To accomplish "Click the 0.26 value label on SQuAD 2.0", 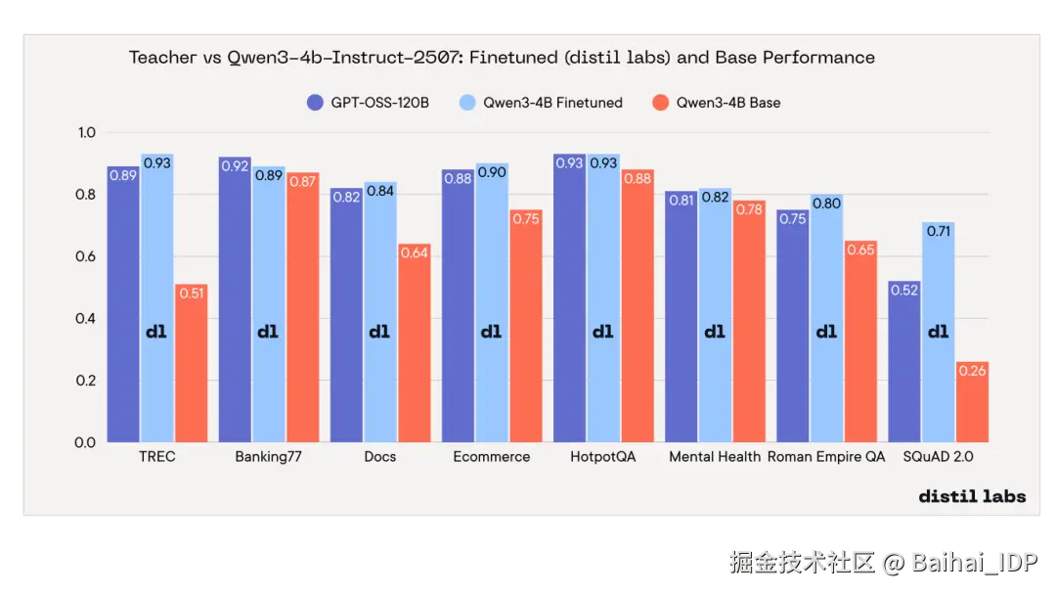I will (973, 371).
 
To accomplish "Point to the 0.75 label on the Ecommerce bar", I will (525, 218).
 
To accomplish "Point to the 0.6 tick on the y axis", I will (86, 256).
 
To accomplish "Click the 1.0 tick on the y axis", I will (86, 133).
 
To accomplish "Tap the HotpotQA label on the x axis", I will (603, 457).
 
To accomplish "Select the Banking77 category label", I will (269, 457).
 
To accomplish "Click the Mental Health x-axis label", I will (715, 457).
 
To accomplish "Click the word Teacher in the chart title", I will (163, 58).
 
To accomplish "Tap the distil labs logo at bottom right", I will (972, 496).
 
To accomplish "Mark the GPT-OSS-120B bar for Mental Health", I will (682, 323).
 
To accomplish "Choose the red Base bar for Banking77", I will (303, 313).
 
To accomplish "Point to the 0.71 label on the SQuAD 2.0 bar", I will (938, 232).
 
